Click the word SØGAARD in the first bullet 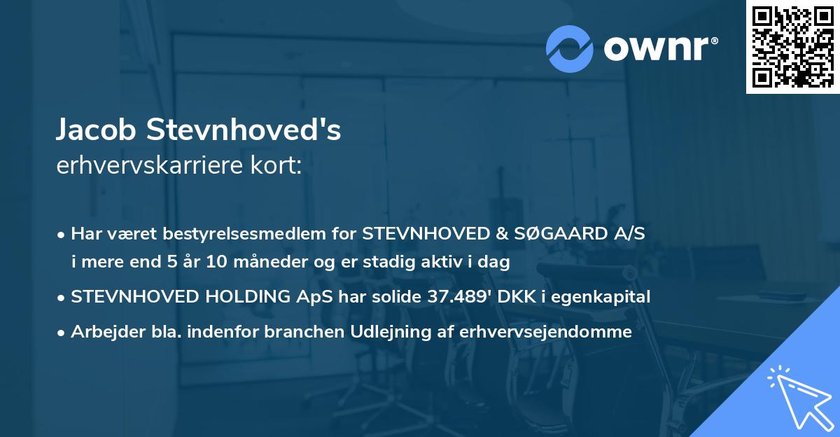point(554,234)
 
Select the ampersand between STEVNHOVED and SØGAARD point(502,234)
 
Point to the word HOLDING point(253,297)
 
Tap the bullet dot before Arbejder point(62,332)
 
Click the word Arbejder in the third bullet point(103,331)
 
